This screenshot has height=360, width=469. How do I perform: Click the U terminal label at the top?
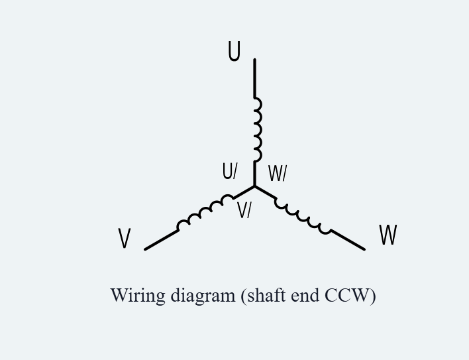pos(234,52)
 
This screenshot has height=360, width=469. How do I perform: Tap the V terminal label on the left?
pos(125,238)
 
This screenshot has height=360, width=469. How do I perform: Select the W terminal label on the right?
pos(388,235)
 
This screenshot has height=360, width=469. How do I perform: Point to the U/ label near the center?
pos(230,171)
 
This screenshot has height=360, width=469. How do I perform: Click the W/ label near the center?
pos(278,173)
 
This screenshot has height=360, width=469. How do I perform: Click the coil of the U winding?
pos(258,129)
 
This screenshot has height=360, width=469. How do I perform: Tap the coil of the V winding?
pos(205,211)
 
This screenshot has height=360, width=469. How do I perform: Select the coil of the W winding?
pos(303,216)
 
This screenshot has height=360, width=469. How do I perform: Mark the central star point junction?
pos(254,186)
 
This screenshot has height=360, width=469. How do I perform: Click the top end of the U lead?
pos(254,60)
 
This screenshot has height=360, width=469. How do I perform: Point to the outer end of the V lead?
pos(145,249)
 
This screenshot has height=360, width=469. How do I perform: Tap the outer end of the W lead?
pos(364,249)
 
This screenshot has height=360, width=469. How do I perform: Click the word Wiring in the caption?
pos(138,296)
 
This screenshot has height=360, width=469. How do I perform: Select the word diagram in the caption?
pos(203,296)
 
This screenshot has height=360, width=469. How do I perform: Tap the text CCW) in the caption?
pos(350,296)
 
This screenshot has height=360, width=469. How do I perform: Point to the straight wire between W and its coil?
pos(347,239)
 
